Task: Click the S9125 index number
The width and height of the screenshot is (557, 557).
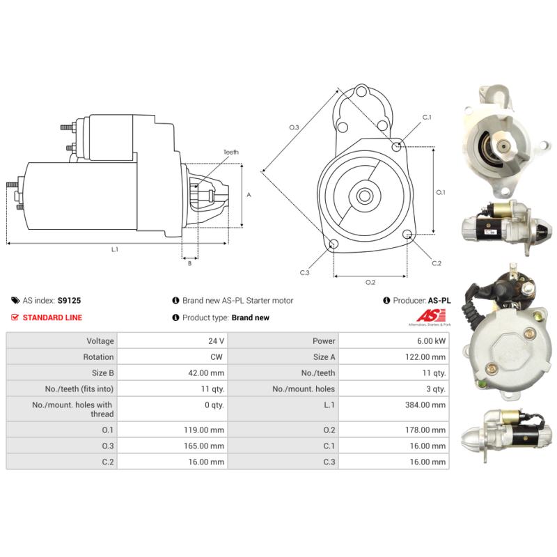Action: coord(69,301)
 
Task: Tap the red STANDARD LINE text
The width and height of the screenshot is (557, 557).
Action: coord(52,317)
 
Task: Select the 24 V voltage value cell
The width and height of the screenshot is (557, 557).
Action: coord(217,341)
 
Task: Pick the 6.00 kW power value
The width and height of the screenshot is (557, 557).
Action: coord(431,341)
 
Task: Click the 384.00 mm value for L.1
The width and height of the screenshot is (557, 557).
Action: coord(425,405)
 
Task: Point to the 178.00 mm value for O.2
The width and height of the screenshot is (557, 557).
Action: coord(425,430)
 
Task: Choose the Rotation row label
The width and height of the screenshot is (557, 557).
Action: coord(98,357)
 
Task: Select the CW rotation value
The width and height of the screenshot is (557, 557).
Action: coord(217,357)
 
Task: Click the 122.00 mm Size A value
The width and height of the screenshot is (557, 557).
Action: coord(425,357)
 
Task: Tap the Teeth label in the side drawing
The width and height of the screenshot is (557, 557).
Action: coord(231,152)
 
